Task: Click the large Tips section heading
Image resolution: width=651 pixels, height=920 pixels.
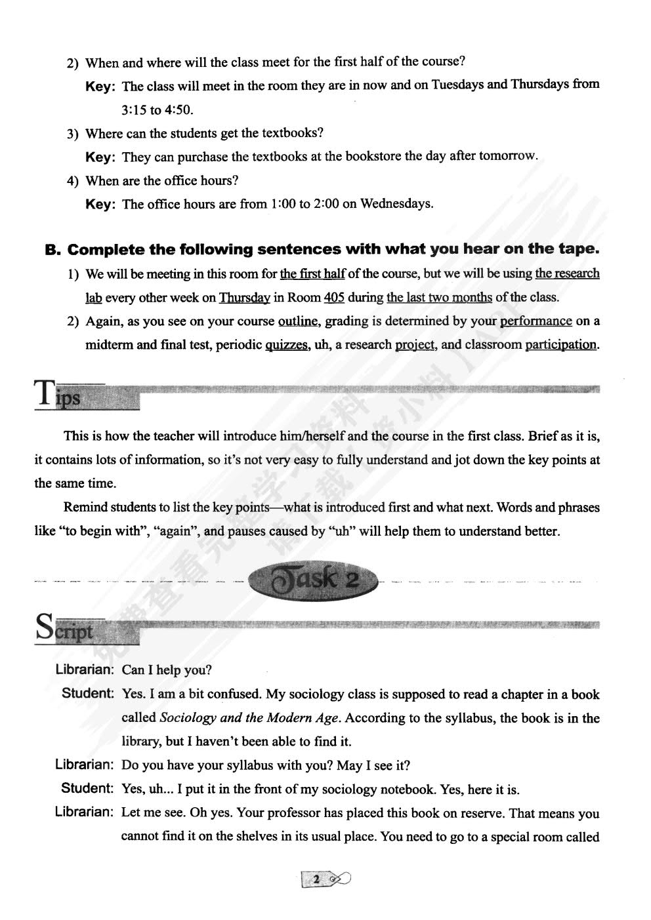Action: point(59,395)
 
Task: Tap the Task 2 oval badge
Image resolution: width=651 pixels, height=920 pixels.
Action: point(313,580)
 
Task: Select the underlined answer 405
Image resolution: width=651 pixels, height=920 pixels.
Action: point(334,297)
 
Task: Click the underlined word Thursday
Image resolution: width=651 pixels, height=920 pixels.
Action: point(244,297)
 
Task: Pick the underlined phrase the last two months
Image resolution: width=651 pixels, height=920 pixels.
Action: point(439,297)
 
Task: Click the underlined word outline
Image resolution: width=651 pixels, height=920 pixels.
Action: point(298,321)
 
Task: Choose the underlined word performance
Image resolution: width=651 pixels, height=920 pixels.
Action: point(535,321)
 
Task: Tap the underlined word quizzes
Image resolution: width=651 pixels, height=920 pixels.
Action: point(287,344)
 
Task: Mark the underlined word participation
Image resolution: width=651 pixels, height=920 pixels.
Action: point(561,344)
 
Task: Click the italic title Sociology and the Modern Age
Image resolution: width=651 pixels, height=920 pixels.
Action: point(250,717)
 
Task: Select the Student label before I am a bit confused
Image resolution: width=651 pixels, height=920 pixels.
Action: point(88,693)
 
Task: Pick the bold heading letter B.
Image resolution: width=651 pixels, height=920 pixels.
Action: point(52,250)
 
